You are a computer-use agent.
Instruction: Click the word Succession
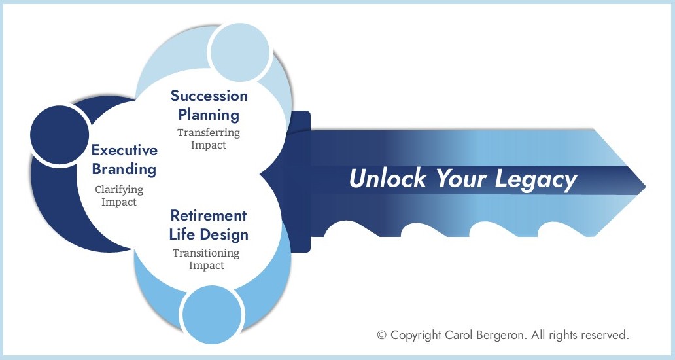pos(209,96)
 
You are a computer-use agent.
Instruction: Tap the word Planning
pos(209,115)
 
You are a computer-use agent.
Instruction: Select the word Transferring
pos(209,133)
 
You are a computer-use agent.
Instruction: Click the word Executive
pos(124,151)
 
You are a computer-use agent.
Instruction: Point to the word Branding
pos(124,170)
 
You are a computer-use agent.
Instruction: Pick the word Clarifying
pos(119,189)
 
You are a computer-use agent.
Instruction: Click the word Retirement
pos(209,215)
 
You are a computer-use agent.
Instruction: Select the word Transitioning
pos(206,253)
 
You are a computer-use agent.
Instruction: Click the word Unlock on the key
pos(387,178)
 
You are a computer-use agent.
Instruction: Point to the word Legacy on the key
pos(536,179)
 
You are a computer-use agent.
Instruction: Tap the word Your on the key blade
pos(461,178)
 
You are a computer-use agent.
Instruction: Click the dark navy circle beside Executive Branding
pos(60,135)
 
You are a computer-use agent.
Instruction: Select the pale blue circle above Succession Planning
pos(239,52)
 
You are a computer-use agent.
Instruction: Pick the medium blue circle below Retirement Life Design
pos(211,314)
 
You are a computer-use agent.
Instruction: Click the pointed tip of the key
pos(646,187)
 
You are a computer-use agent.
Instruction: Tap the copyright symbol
pos(381,335)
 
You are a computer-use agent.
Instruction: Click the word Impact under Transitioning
pos(207,266)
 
